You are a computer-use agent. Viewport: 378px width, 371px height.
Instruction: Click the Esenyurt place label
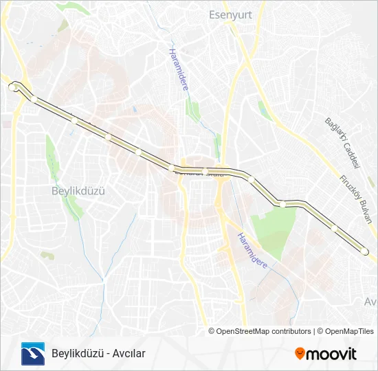(x=226, y=13)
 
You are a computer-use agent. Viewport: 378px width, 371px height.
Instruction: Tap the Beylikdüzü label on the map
(x=78, y=191)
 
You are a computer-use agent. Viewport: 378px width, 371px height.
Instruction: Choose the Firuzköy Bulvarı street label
(x=357, y=200)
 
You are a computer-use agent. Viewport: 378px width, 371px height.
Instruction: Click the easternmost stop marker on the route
(x=365, y=252)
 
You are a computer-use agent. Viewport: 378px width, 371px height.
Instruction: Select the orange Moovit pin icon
(x=300, y=354)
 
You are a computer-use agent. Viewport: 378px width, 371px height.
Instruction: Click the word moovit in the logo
(x=331, y=354)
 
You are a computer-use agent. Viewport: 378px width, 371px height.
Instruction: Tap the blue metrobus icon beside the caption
(x=32, y=353)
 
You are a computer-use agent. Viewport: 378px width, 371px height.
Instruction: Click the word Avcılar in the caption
(x=130, y=354)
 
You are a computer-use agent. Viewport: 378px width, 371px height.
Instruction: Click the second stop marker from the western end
(x=34, y=99)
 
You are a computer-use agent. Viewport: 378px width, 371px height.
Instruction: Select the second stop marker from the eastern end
(x=333, y=227)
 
